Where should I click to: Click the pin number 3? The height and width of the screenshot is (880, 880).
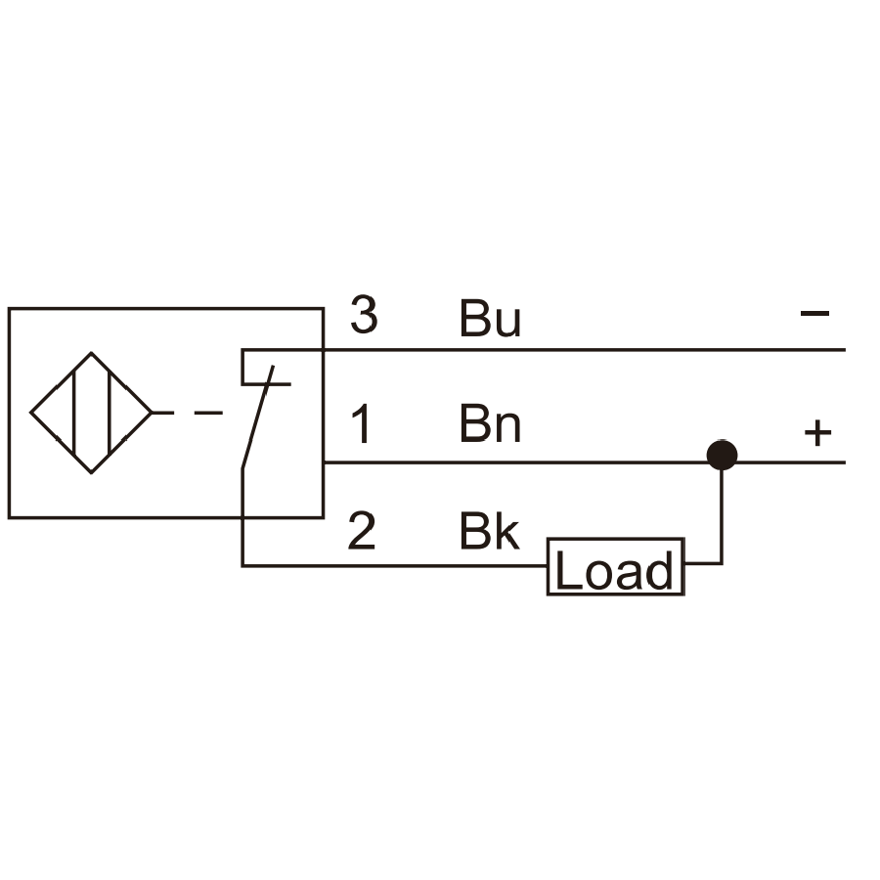coord(364,314)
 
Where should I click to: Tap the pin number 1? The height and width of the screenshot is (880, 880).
coord(362,424)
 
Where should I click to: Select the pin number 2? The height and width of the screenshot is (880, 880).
coord(362,530)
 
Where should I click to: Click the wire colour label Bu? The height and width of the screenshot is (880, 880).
coord(490,318)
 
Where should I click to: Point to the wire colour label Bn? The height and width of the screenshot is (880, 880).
coord(490,424)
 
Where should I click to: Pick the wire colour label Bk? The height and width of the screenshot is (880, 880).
coord(490,530)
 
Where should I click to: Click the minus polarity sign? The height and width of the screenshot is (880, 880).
coord(814,313)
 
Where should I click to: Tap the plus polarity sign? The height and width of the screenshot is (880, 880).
coord(817,433)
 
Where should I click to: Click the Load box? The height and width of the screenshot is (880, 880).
coord(616,567)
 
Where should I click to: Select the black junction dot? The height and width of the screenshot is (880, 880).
coord(722,455)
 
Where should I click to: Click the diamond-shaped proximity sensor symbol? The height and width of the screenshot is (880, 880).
coord(91,413)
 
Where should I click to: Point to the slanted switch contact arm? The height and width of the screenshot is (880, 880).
coord(257,417)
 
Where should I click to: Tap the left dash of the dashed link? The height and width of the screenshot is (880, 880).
coord(162,413)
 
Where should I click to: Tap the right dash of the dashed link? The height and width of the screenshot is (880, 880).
coord(208,413)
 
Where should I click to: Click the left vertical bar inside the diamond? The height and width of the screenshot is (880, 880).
coord(73,413)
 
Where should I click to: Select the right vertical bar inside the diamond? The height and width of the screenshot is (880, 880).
coord(110,413)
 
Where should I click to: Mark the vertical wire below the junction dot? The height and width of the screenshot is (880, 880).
coord(722,516)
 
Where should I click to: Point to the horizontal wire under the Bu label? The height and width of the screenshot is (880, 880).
coord(544,350)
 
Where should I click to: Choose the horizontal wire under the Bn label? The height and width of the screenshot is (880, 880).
coord(585,462)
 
